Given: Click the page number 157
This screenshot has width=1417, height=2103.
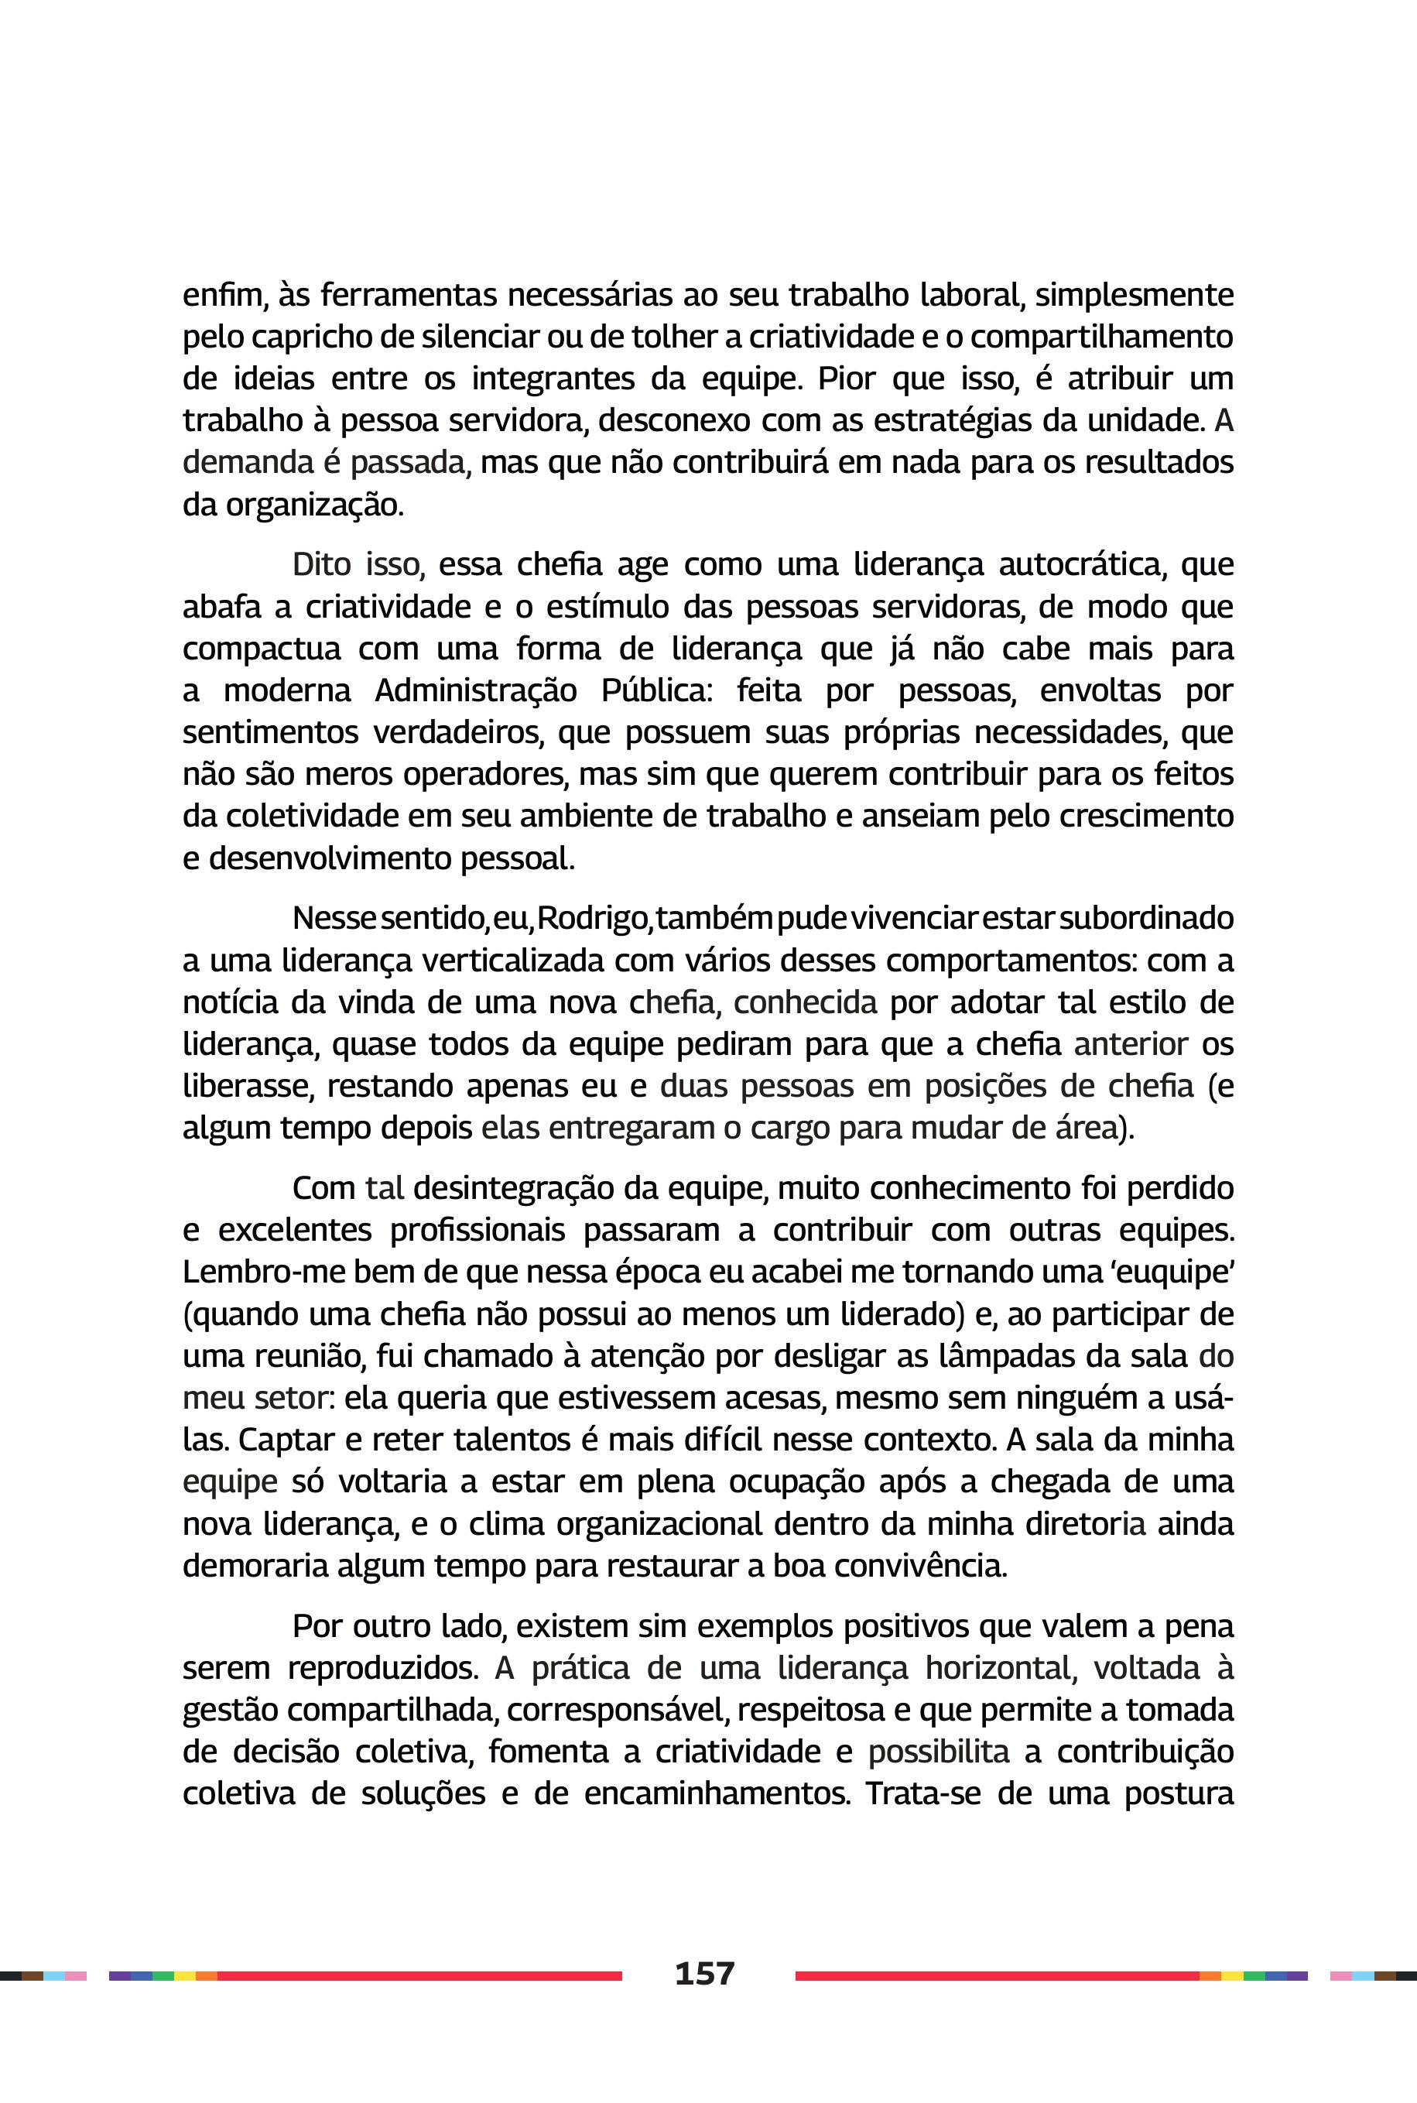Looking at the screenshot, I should (705, 1973).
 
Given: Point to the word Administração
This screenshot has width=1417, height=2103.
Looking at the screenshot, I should (475, 690).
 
